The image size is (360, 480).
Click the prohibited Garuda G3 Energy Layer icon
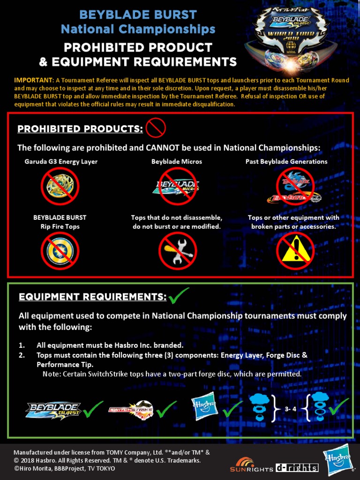60,187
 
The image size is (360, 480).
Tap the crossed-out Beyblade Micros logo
177,187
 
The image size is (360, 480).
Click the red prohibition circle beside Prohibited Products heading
156,127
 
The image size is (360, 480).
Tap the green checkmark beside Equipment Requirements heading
179,296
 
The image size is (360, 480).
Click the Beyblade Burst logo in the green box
53,410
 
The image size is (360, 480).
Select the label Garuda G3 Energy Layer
61,162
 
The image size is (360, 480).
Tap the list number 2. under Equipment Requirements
22,355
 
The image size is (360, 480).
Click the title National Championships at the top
138,29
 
